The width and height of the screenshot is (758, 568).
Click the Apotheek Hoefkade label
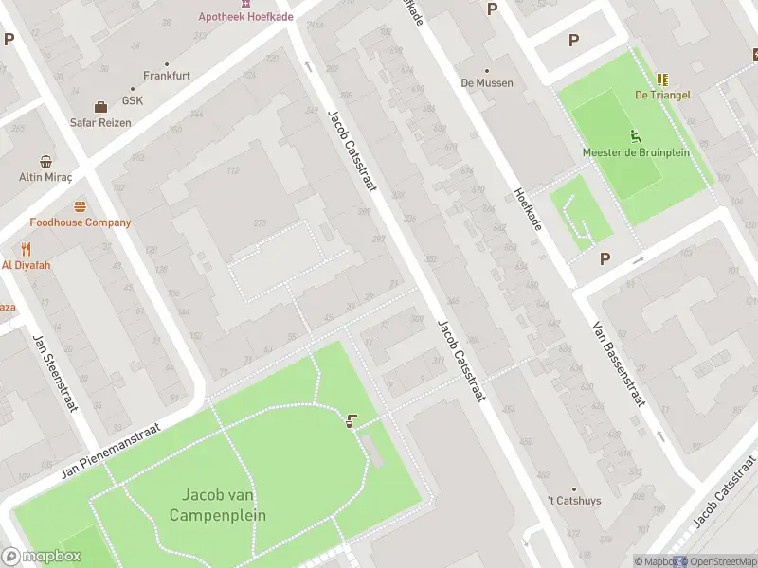point(244,16)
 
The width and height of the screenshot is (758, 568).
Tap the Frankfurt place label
point(167,75)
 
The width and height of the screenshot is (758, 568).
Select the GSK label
point(132,101)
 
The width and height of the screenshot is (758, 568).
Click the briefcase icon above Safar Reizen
point(100,106)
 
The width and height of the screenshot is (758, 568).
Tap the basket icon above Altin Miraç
point(45,161)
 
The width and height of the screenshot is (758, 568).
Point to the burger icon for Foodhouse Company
point(80,206)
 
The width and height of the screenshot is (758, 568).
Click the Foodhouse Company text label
point(80,222)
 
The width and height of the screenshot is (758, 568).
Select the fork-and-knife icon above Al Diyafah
point(26,250)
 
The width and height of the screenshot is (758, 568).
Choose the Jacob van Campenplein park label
point(217,506)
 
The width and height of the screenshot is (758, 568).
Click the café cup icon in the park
point(353,421)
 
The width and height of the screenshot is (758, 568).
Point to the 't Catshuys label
point(574,500)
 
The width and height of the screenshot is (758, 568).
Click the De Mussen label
point(487,82)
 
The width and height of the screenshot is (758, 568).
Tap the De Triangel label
point(662,95)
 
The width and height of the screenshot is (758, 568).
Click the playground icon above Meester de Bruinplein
point(636,136)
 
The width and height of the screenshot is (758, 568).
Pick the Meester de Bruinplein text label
point(636,152)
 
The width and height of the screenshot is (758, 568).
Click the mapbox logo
point(42,557)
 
